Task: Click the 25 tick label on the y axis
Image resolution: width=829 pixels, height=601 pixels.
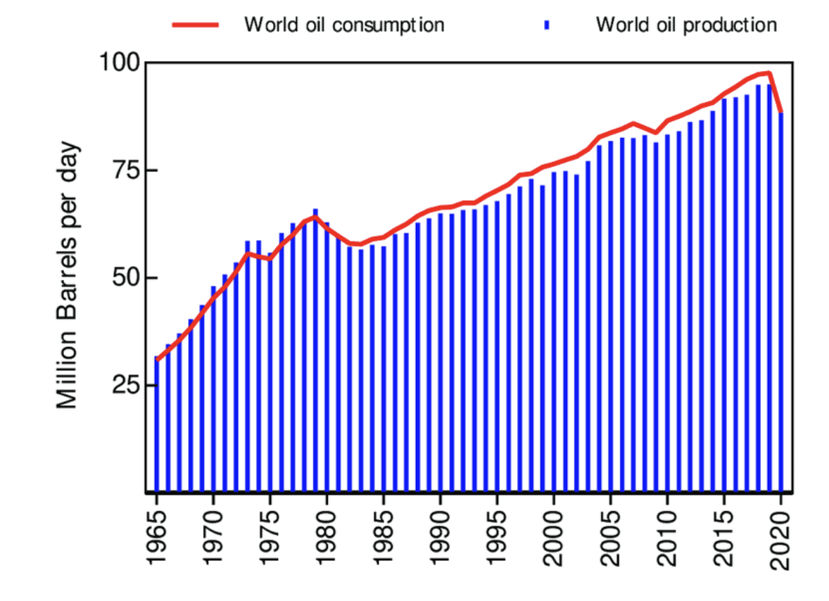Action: click(x=129, y=385)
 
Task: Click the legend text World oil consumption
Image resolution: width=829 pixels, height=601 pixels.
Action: click(x=344, y=25)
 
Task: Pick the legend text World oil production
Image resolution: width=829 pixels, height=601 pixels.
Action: click(x=686, y=25)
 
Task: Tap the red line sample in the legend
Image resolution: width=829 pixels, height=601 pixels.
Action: click(x=196, y=25)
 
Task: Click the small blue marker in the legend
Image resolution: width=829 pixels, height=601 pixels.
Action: click(x=546, y=25)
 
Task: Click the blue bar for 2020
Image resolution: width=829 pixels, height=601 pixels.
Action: click(x=781, y=303)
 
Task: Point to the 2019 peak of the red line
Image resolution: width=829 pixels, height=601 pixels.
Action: click(x=770, y=72)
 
